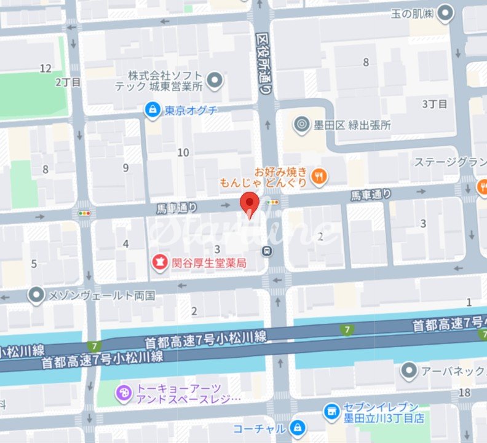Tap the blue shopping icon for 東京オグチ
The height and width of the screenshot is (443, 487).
151,110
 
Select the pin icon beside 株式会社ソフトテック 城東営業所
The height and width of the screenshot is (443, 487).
215,79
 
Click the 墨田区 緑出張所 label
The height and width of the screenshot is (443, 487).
351,125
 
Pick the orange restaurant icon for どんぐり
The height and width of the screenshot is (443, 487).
319,177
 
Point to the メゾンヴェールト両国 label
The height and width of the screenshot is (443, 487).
102,295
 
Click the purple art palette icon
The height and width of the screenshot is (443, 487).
124,391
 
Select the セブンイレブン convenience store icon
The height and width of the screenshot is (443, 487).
331,410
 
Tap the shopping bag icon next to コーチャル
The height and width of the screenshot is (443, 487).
298,427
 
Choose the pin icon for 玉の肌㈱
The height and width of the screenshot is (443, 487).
447,11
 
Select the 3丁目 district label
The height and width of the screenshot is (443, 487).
434,104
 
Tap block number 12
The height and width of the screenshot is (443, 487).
46,68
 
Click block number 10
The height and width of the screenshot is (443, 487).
183,152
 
